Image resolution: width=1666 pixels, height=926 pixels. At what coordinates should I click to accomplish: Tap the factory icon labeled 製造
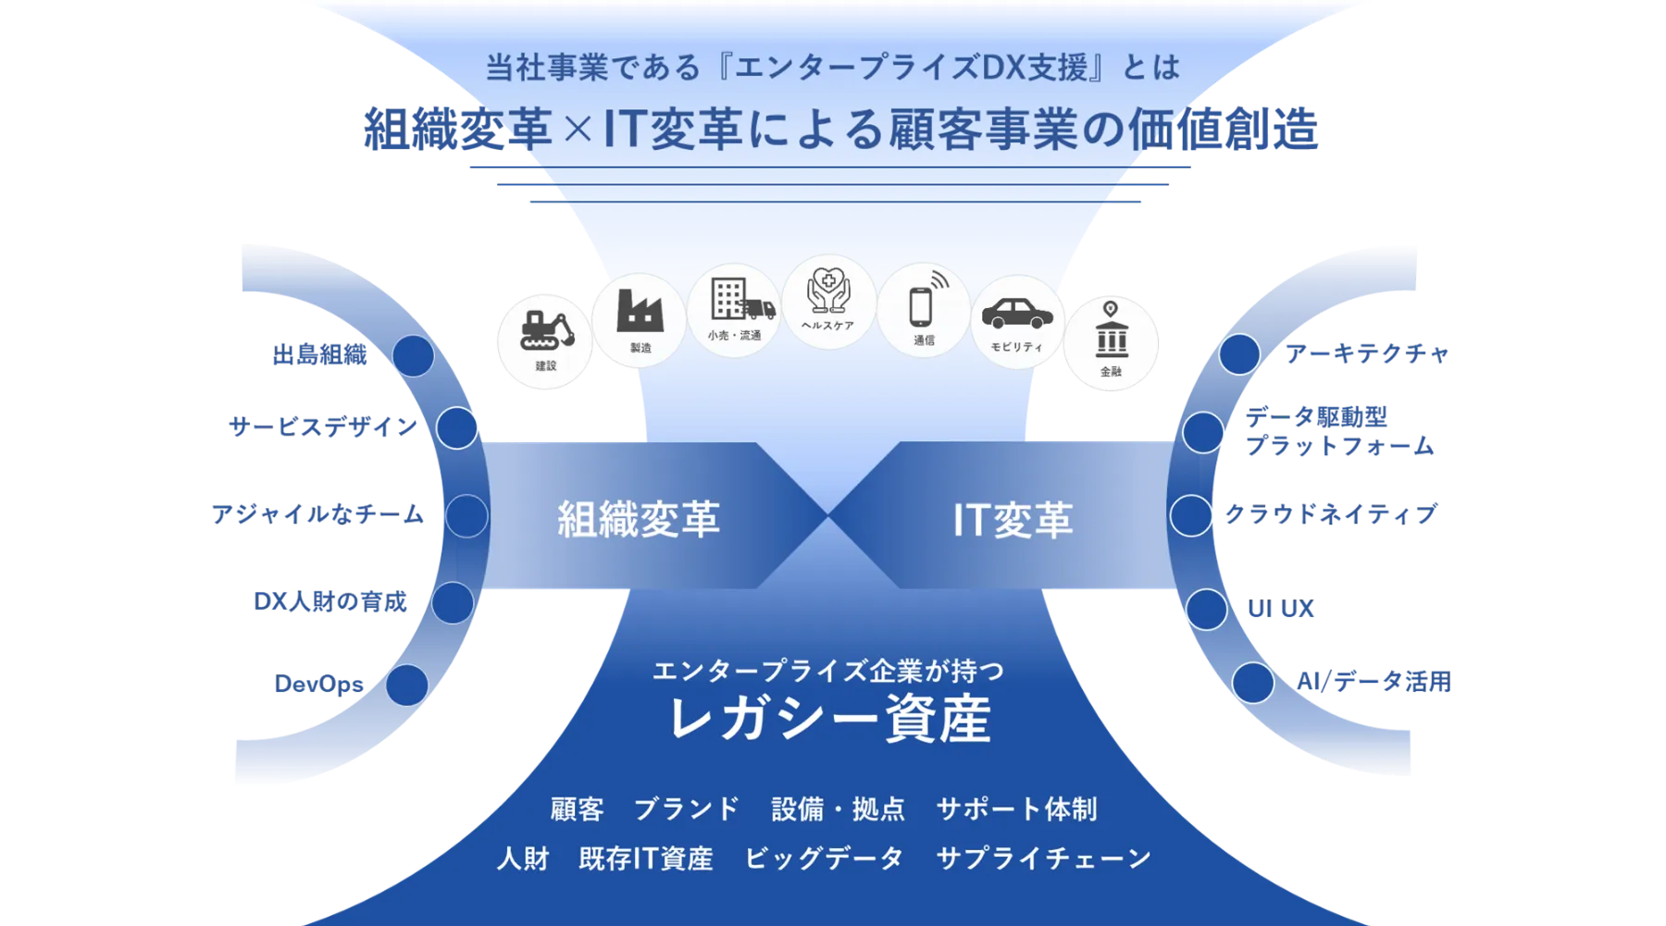point(640,315)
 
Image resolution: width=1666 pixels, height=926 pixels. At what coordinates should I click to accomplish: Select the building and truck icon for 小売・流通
point(736,304)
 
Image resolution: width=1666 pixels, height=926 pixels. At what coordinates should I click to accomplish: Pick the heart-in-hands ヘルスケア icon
point(828,295)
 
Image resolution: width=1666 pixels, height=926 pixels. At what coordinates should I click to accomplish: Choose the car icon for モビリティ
point(1017,317)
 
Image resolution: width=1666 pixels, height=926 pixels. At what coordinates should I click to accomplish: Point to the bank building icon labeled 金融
point(1111,338)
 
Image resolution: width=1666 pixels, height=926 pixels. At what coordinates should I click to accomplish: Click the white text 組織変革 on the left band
point(639,518)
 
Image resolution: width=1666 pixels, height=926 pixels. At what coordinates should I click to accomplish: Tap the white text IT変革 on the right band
point(1013,519)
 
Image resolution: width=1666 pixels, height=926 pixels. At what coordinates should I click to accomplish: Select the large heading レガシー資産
point(829,719)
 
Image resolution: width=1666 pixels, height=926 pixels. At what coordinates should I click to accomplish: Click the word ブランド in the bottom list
point(687,809)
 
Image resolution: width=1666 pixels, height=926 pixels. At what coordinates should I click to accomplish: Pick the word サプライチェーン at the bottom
point(1044,858)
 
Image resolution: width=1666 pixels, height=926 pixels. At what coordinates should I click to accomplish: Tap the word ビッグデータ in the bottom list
point(824,858)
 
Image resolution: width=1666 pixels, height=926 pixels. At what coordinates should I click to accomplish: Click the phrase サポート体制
point(1016,809)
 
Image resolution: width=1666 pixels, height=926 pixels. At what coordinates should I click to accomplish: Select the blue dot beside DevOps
point(406,685)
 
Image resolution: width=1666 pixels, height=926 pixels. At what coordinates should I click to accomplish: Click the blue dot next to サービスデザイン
point(456,428)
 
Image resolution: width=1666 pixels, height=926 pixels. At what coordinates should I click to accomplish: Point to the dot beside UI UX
point(1206,609)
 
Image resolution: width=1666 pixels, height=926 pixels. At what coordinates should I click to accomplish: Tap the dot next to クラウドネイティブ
point(1190,515)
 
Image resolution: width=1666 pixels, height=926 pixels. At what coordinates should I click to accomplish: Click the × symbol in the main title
point(578,130)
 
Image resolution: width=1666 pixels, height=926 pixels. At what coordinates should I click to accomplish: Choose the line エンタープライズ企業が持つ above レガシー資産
point(827,670)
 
